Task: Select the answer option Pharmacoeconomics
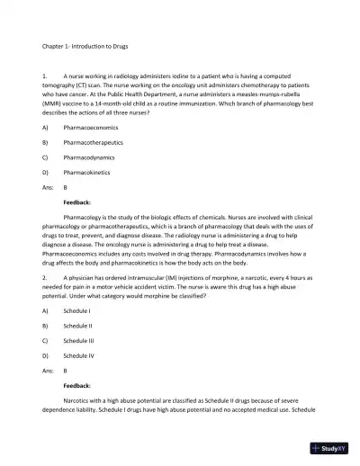click(91, 128)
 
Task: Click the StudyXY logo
click(334, 447)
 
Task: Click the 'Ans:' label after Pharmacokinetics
click(48, 187)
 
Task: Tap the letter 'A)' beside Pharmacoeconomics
click(45, 128)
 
